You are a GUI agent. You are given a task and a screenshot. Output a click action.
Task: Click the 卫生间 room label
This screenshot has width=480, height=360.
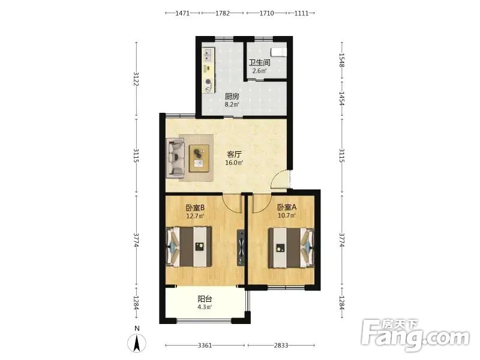pyautogui.click(x=259, y=63)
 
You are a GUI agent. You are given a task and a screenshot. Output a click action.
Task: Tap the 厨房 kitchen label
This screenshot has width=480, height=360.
pyautogui.click(x=232, y=97)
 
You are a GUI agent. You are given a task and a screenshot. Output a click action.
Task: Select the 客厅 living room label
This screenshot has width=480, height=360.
pyautogui.click(x=234, y=154)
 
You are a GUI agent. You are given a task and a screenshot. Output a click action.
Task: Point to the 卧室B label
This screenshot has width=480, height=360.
pyautogui.click(x=195, y=208)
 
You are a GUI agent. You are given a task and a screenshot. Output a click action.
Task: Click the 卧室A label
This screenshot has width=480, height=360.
pyautogui.click(x=287, y=207)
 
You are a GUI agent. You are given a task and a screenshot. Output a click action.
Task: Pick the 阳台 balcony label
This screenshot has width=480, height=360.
pyautogui.click(x=205, y=299)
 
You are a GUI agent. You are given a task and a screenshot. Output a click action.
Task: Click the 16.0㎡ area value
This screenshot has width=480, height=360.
pyautogui.click(x=234, y=163)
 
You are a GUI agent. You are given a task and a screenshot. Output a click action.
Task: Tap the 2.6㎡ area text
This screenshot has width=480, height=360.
pyautogui.click(x=259, y=71)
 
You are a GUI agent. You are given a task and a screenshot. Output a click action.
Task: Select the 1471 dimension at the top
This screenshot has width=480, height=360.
pyautogui.click(x=182, y=13)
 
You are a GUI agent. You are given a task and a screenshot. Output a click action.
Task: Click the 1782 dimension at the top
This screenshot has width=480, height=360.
pyautogui.click(x=223, y=13)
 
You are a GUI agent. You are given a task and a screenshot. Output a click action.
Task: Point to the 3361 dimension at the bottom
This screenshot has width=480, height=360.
pyautogui.click(x=205, y=346)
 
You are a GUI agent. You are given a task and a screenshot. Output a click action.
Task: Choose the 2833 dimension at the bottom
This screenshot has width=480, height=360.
pyautogui.click(x=281, y=346)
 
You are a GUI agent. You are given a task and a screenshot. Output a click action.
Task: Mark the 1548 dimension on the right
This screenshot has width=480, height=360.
pyautogui.click(x=342, y=60)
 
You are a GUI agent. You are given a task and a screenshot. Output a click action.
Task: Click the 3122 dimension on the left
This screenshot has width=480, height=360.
pyautogui.click(x=137, y=79)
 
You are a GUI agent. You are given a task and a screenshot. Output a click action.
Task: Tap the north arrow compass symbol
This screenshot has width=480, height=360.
pyautogui.click(x=137, y=343)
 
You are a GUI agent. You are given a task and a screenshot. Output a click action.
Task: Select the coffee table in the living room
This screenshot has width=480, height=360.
pyautogui.click(x=199, y=158)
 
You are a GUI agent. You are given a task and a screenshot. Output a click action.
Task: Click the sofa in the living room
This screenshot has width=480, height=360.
pyautogui.click(x=175, y=158)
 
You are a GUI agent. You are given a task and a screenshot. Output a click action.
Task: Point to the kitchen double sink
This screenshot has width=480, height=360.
pyautogui.click(x=208, y=55)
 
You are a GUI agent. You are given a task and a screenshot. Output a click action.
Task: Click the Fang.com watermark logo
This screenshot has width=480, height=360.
pyautogui.click(x=415, y=335)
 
